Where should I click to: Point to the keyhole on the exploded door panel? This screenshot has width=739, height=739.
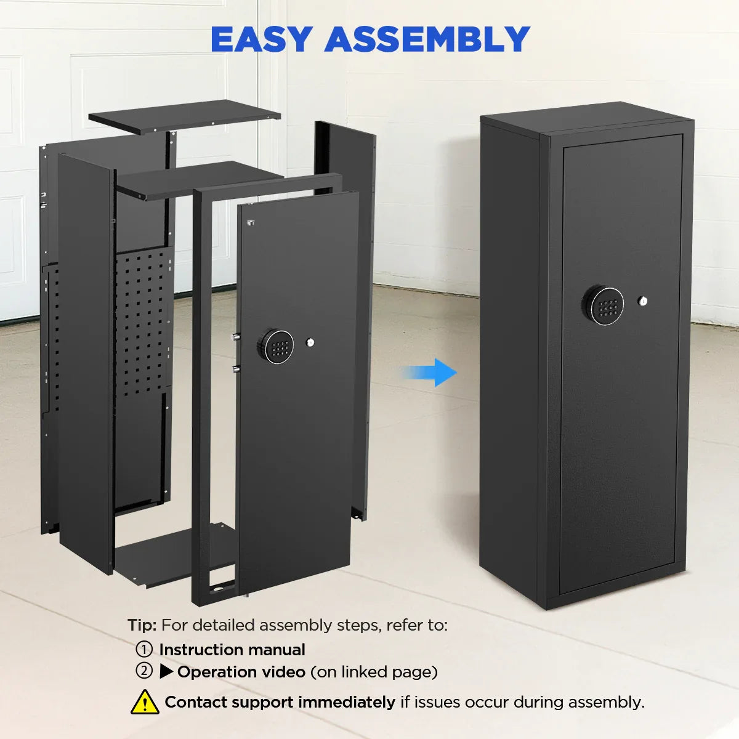[x=309, y=342]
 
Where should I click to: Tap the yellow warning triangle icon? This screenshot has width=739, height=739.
[x=145, y=702]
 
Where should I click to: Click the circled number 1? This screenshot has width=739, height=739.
[x=143, y=649]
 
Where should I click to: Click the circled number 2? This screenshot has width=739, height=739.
[x=143, y=671]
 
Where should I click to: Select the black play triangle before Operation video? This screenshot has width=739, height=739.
[x=166, y=671]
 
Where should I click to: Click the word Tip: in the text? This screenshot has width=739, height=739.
[x=142, y=625]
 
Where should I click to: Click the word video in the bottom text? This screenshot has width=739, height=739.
[x=284, y=671]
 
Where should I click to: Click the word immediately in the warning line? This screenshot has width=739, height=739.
[x=347, y=702]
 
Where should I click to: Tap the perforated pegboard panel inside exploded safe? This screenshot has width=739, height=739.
[x=143, y=320]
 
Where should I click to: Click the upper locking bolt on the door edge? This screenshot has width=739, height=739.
[x=235, y=337]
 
